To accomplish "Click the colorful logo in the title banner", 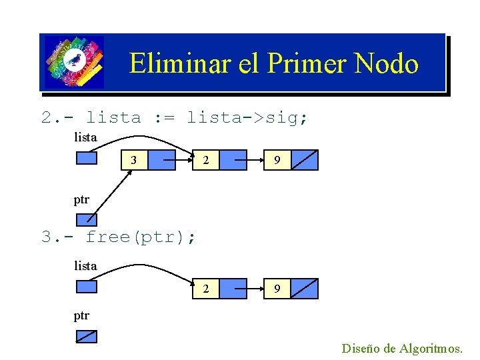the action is pos(74,63).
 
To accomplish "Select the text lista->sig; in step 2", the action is pos(247,118).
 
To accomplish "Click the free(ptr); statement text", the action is pos(141,237).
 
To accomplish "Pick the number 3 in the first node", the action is pos(135,161).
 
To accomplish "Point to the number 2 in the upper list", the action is pos(207,161).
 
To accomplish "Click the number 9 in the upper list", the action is pos(277,161).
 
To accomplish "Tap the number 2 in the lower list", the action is pos(207,289).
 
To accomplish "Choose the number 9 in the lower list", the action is pos(277,289).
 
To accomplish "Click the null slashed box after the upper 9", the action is pos(305,161).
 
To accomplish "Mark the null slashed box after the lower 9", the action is pos(305,289).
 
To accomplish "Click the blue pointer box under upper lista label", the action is pos(87,158).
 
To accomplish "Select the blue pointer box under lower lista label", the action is pos(87,287).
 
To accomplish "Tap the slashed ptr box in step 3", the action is pos(87,337).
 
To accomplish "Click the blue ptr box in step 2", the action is pos(87,219).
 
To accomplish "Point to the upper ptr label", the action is pos(81,199).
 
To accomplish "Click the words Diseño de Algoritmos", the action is pos(401,348).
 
